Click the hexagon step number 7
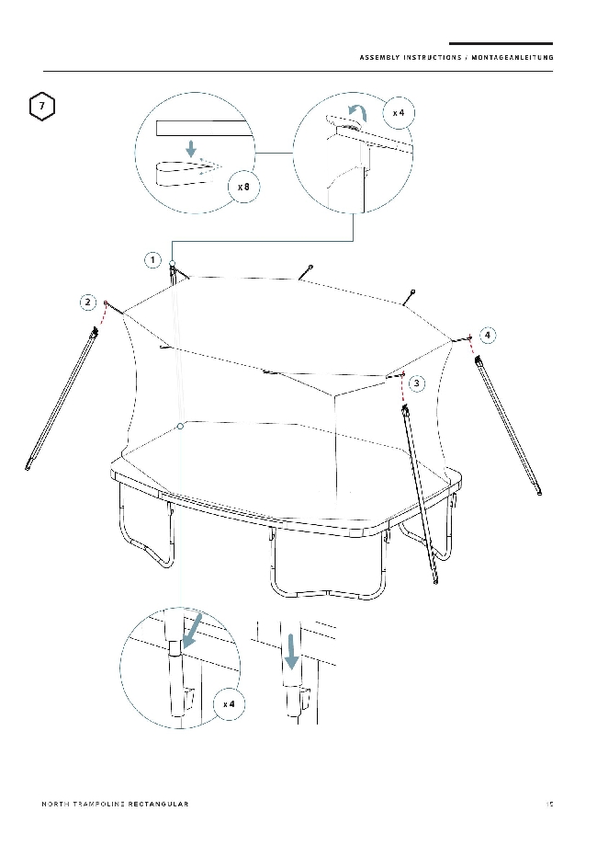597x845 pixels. [x=42, y=106]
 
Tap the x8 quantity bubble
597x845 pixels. [x=244, y=187]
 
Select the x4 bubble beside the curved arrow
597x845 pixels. [x=399, y=112]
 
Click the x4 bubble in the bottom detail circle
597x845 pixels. [x=229, y=703]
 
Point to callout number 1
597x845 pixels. [x=152, y=260]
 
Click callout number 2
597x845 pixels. [x=88, y=303]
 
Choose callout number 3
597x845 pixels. [x=417, y=383]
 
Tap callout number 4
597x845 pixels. [x=487, y=336]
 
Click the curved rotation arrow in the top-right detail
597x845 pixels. [x=357, y=112]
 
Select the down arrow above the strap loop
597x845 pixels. [x=190, y=148]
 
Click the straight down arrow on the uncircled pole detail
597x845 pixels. [x=291, y=651]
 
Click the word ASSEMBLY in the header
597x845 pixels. [x=379, y=58]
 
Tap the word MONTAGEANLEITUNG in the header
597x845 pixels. [x=513, y=58]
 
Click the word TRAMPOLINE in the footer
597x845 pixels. [x=98, y=804]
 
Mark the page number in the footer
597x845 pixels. [x=549, y=804]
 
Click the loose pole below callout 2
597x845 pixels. [x=62, y=398]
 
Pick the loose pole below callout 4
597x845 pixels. [x=508, y=424]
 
